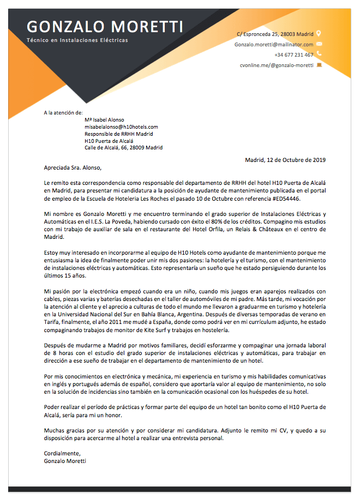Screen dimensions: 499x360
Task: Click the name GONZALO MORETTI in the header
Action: pos(105,26)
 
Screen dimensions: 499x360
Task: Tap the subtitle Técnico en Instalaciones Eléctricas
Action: pos(77,41)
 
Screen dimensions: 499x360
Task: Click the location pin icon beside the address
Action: pos(319,33)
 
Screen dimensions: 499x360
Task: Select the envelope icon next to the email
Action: pos(319,44)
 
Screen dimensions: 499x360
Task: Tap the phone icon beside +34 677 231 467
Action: pos(319,54)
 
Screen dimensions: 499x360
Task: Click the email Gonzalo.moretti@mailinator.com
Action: pos(274,44)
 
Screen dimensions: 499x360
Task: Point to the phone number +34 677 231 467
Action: pos(293,55)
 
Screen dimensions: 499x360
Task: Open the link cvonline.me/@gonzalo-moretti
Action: pos(277,65)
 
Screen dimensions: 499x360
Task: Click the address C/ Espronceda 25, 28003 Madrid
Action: pos(275,34)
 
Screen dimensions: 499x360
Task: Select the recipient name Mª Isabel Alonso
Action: pos(104,120)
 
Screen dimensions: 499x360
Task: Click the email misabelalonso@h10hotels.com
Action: pos(121,127)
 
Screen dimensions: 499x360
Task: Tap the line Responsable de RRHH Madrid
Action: pos(118,134)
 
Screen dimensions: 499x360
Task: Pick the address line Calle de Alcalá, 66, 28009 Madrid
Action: pos(123,147)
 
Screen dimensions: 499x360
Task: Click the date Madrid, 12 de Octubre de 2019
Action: pos(285,160)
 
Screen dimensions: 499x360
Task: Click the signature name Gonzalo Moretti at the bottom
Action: pos(65,460)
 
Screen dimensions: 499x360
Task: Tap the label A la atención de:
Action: pos(63,113)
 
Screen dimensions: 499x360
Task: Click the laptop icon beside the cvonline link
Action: pos(319,65)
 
